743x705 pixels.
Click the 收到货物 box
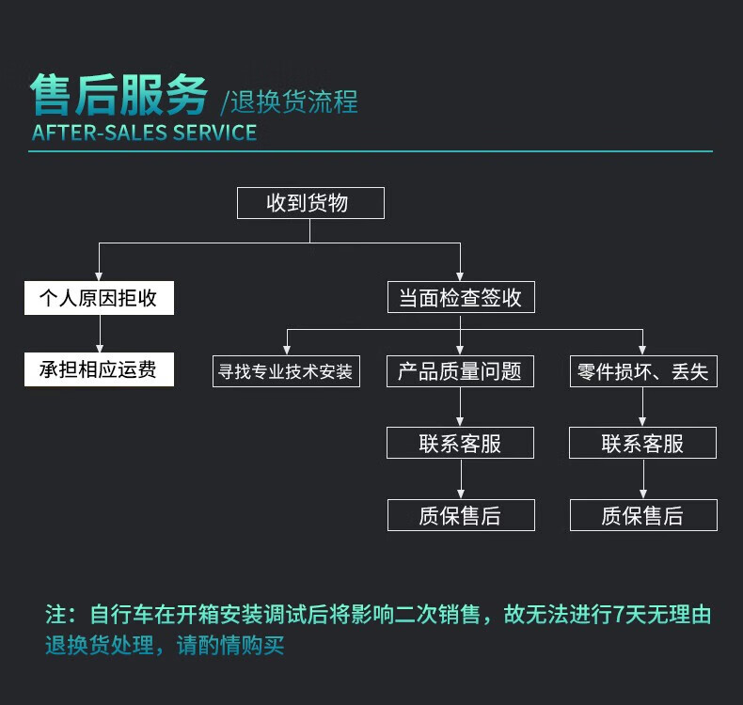pos(310,203)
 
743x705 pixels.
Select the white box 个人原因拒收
pos(99,298)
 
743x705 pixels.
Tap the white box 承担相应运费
pos(99,369)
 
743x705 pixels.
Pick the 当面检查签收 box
pos(461,297)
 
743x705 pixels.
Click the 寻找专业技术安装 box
pos(286,371)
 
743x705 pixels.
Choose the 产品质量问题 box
pos(460,371)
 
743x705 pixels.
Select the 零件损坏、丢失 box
pos(643,371)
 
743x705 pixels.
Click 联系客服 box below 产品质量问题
pos(460,443)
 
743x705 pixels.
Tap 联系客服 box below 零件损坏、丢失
pos(642,443)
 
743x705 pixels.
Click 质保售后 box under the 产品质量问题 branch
pos(461,515)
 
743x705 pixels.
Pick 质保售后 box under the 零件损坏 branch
pos(643,515)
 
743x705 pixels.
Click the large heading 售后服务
pos(119,95)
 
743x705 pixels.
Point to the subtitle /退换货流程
pos(289,102)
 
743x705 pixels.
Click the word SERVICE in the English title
pos(214,133)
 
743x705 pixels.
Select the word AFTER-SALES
pos(100,133)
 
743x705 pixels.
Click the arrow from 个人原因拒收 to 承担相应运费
pos(100,334)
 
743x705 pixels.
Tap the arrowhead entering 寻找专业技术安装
pos(287,350)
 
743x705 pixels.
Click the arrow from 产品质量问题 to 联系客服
pos(460,407)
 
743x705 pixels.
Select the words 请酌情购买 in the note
pos(230,645)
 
